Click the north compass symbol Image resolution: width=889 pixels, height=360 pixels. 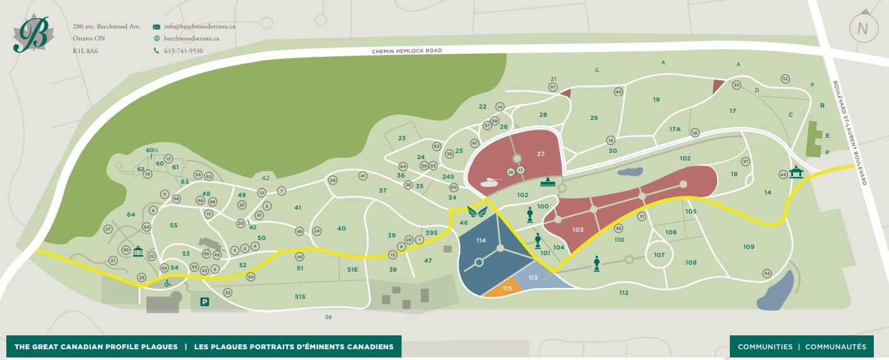tap(862, 27)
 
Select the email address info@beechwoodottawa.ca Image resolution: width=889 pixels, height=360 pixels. tap(200, 27)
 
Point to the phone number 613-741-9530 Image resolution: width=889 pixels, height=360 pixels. tap(183, 51)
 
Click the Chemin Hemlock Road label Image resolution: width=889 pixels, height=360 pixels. tap(407, 51)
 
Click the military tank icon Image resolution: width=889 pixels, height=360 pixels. tap(492, 183)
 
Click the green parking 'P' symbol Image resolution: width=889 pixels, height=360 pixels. tap(205, 302)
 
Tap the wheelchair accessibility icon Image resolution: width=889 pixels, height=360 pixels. tap(168, 283)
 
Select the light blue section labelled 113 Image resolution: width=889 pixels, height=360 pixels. tap(533, 278)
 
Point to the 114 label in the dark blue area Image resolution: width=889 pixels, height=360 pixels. tap(481, 241)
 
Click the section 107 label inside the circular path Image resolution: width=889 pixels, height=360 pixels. tap(659, 255)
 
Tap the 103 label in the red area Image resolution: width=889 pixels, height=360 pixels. tap(578, 230)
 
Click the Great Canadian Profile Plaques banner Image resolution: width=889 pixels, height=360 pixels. tap(204, 347)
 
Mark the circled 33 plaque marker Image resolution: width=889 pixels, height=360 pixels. tap(736, 85)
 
